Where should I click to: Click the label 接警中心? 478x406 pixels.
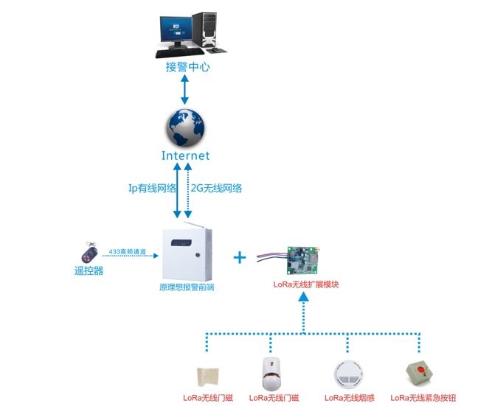(x=187, y=67)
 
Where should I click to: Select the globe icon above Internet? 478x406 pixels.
(x=185, y=128)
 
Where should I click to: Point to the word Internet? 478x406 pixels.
(x=185, y=155)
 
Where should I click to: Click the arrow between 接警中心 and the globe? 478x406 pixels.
(x=185, y=89)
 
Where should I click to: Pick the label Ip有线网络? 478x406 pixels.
(x=153, y=188)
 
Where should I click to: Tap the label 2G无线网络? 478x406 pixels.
(x=217, y=188)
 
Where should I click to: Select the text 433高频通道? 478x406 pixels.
(x=127, y=251)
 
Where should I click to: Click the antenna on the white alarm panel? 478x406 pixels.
(x=193, y=223)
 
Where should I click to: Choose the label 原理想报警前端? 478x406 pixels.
(x=187, y=287)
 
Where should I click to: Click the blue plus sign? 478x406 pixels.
(x=239, y=257)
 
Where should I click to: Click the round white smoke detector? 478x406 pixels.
(x=347, y=374)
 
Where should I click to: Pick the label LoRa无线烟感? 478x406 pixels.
(x=349, y=399)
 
